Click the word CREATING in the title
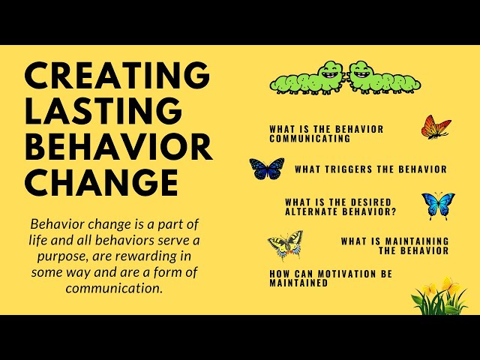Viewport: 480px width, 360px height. click(x=117, y=74)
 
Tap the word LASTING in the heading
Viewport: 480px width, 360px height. click(x=103, y=110)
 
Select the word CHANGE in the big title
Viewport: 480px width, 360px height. click(x=101, y=182)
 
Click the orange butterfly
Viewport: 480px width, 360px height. click(x=436, y=127)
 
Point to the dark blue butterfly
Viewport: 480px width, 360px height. click(x=267, y=169)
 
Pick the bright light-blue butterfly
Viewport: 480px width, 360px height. click(x=438, y=205)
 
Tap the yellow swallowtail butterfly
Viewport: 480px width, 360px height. click(x=285, y=244)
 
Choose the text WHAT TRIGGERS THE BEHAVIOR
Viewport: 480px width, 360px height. click(x=370, y=169)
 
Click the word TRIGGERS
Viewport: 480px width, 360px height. click(x=352, y=169)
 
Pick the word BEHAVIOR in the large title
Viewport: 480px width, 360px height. click(x=118, y=146)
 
